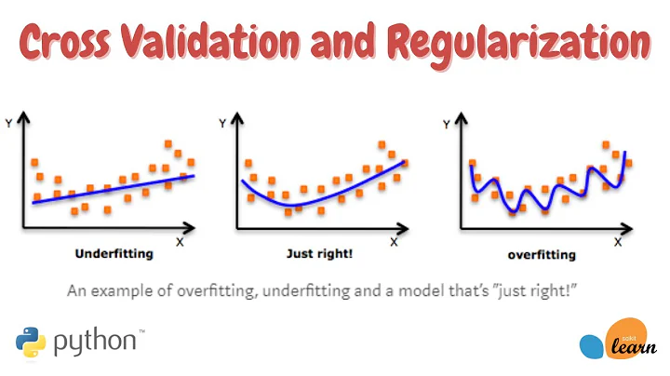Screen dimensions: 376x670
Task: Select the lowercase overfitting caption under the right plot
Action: coord(542,254)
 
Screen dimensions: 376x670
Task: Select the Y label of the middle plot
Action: coord(221,121)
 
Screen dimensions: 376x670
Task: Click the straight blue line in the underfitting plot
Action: coord(112,190)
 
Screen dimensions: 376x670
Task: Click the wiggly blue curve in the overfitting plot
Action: coord(540,195)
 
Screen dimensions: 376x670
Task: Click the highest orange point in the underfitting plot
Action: coord(169,143)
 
